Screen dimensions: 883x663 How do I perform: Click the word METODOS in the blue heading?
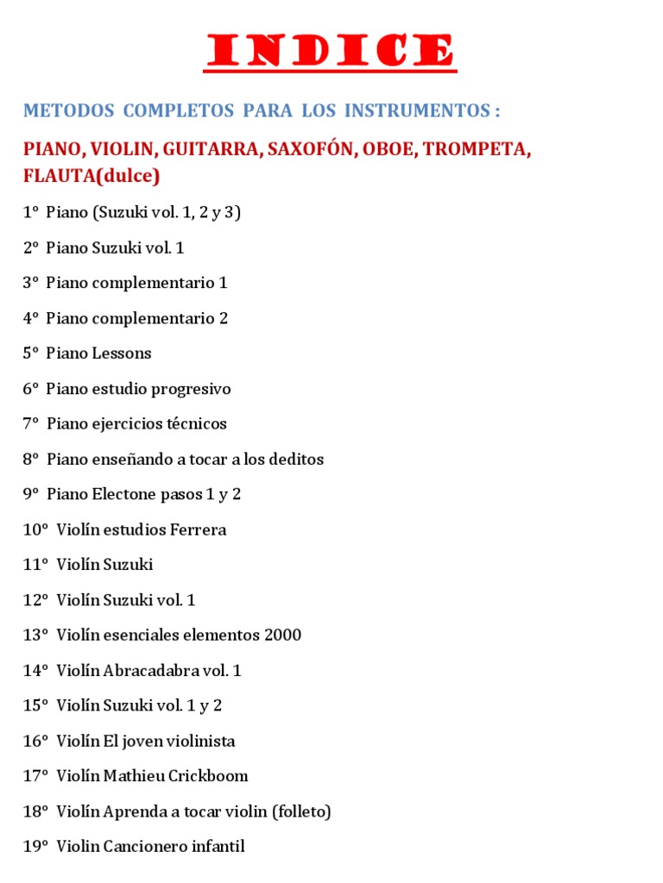pyautogui.click(x=68, y=111)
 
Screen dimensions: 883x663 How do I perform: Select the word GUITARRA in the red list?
pyautogui.click(x=211, y=149)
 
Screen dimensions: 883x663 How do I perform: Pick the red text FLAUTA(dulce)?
pyautogui.click(x=92, y=176)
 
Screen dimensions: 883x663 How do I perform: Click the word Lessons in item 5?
pyautogui.click(x=122, y=354)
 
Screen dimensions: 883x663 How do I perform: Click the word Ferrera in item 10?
pyautogui.click(x=198, y=529)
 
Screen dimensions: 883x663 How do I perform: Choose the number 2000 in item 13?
pyautogui.click(x=282, y=636)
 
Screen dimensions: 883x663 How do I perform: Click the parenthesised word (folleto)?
pyautogui.click(x=301, y=811)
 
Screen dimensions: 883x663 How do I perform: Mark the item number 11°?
pyautogui.click(x=35, y=565)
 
